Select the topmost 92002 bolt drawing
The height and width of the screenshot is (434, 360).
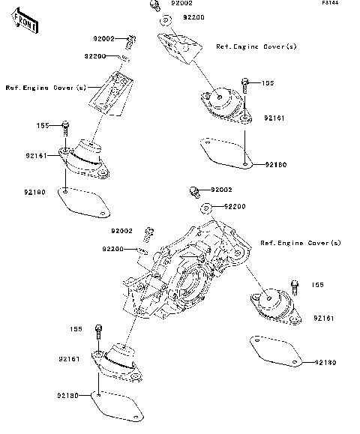click(x=154, y=6)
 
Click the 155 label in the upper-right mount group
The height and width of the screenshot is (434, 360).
click(x=268, y=83)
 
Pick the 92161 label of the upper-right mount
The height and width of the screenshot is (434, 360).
click(x=274, y=118)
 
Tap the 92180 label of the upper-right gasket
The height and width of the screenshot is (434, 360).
click(x=275, y=163)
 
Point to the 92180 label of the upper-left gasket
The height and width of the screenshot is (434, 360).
click(x=34, y=193)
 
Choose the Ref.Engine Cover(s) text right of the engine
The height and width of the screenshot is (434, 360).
click(x=300, y=243)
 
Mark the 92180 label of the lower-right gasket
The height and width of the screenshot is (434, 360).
click(x=325, y=363)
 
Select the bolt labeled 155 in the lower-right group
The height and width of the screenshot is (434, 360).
click(x=294, y=286)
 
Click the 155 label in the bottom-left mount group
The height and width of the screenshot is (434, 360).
click(x=76, y=328)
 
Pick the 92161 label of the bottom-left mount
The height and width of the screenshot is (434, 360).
click(x=70, y=360)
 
